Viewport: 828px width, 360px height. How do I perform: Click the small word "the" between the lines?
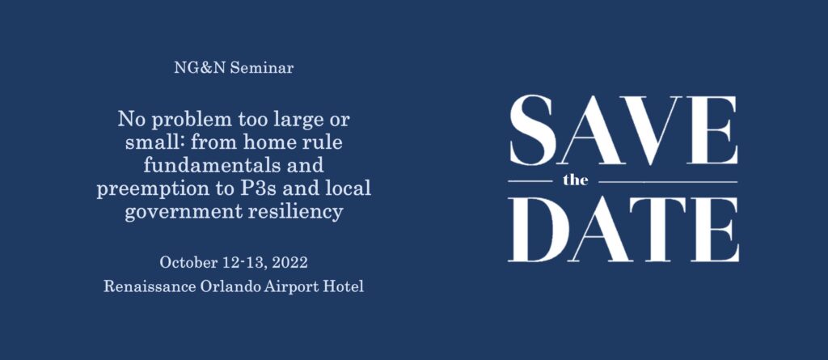click(x=575, y=180)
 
